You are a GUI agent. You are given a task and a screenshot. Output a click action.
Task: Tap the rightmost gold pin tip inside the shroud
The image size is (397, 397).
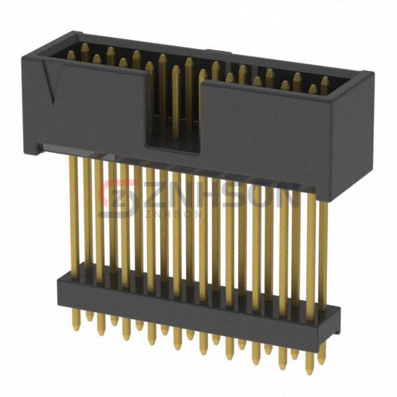pos(325,82)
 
